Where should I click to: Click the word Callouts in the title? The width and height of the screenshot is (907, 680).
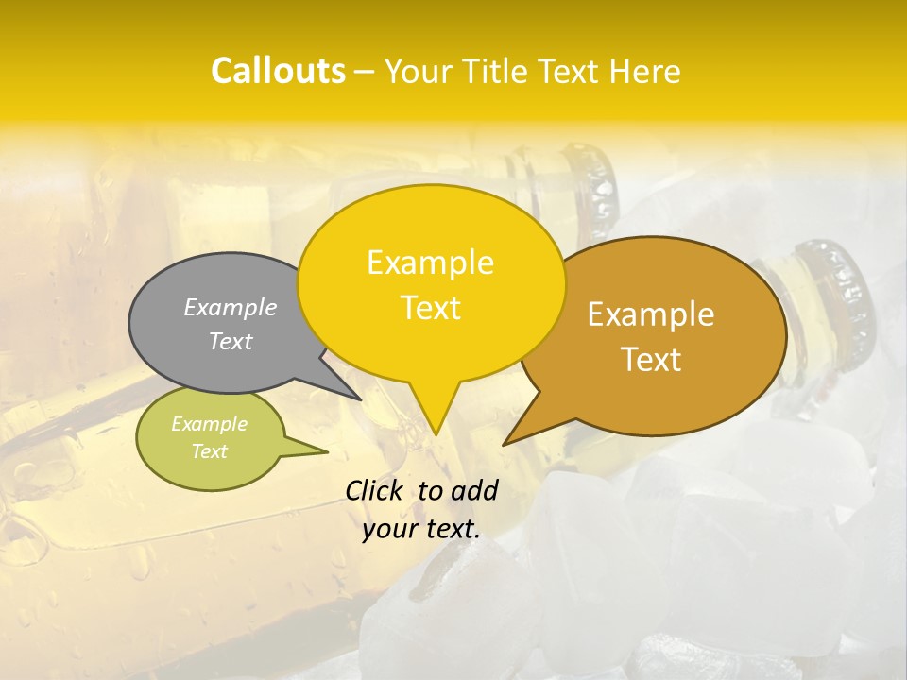278,71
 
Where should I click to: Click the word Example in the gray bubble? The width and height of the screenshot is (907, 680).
231,307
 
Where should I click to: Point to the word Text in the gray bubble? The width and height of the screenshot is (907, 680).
231,341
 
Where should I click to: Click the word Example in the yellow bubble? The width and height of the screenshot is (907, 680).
430,263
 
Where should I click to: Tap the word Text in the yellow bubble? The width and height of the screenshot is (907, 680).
430,308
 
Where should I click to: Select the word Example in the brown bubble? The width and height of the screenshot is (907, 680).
651,314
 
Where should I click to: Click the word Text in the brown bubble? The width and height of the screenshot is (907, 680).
651,360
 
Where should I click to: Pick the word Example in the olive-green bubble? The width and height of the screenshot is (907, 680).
209,424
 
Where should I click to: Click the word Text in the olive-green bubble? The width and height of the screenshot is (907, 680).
209,451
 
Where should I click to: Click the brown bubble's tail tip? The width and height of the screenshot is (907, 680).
505,443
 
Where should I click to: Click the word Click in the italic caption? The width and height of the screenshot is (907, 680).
374,490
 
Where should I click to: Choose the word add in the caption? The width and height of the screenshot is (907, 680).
474,490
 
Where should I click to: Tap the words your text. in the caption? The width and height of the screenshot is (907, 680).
421,529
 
